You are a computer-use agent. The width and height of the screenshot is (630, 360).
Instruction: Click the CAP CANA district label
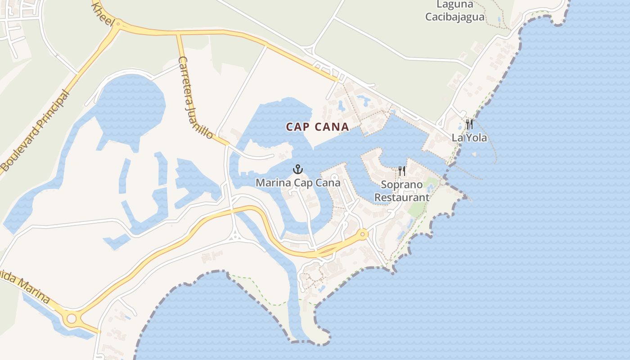pos(317,127)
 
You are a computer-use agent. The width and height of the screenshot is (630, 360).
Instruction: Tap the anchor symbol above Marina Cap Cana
pos(297,170)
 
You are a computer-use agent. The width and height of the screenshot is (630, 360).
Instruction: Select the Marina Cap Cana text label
pos(298,183)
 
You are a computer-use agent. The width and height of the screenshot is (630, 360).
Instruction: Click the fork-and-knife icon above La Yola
pos(469,124)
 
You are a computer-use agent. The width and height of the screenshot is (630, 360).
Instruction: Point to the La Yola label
pos(469,138)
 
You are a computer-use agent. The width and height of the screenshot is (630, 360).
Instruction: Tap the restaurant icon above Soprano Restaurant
pos(402,171)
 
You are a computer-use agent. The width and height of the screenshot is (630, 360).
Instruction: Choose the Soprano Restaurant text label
pos(402,191)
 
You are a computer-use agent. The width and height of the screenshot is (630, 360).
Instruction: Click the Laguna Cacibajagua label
pos(455,11)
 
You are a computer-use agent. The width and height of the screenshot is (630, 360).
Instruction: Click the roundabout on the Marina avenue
pos(71,319)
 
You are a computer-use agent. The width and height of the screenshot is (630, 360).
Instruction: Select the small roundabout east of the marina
pos(363,234)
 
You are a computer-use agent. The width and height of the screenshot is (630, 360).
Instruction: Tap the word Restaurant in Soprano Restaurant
pos(402,197)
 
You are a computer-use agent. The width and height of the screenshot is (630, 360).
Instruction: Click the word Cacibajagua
pos(455,17)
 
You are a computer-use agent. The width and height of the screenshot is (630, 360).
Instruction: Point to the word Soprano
pos(402,184)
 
